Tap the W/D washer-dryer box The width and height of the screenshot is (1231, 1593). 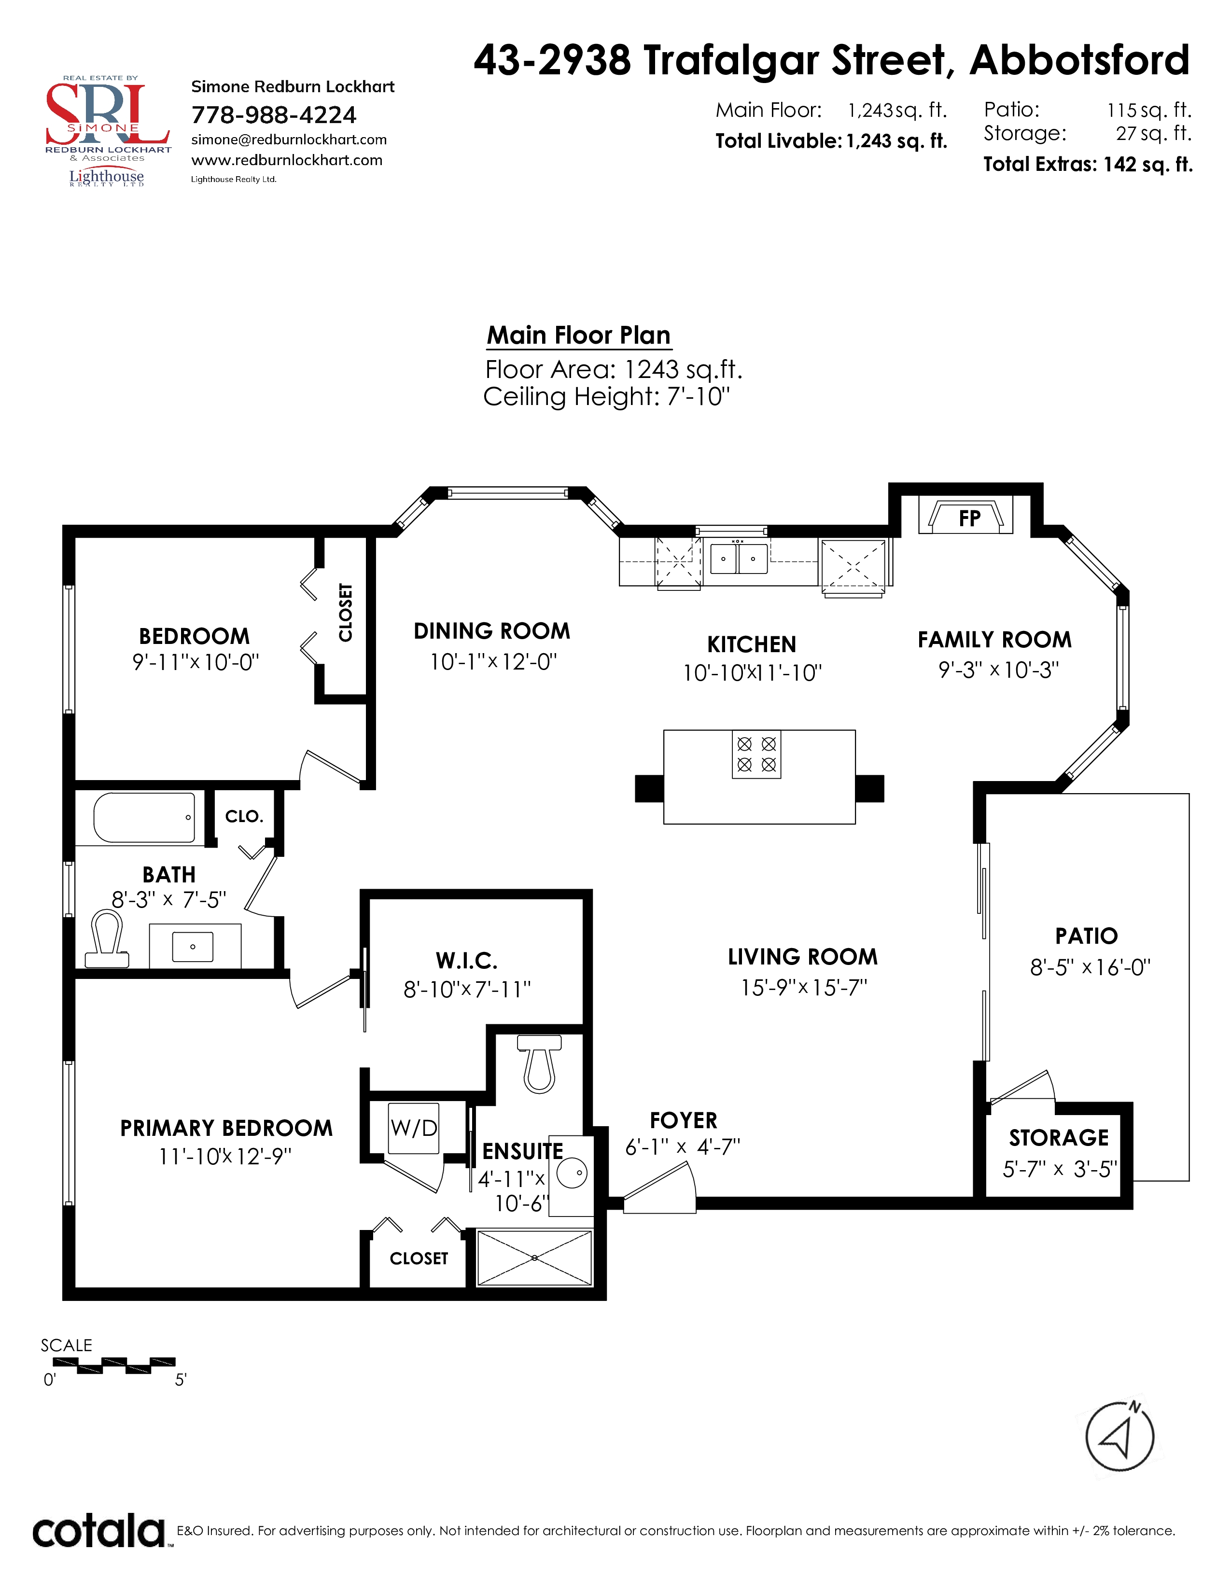tap(414, 1128)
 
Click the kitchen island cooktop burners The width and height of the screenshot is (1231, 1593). tap(756, 754)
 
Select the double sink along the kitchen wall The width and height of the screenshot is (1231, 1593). tap(739, 558)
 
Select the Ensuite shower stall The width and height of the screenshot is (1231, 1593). tap(534, 1258)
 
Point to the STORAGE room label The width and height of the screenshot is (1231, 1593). tap(1058, 1137)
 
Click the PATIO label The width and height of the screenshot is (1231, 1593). tap(1086, 936)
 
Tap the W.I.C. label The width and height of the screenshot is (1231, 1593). tap(467, 961)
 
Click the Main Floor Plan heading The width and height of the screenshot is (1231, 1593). tap(578, 335)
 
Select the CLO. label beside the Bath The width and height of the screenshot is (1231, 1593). tap(244, 816)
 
